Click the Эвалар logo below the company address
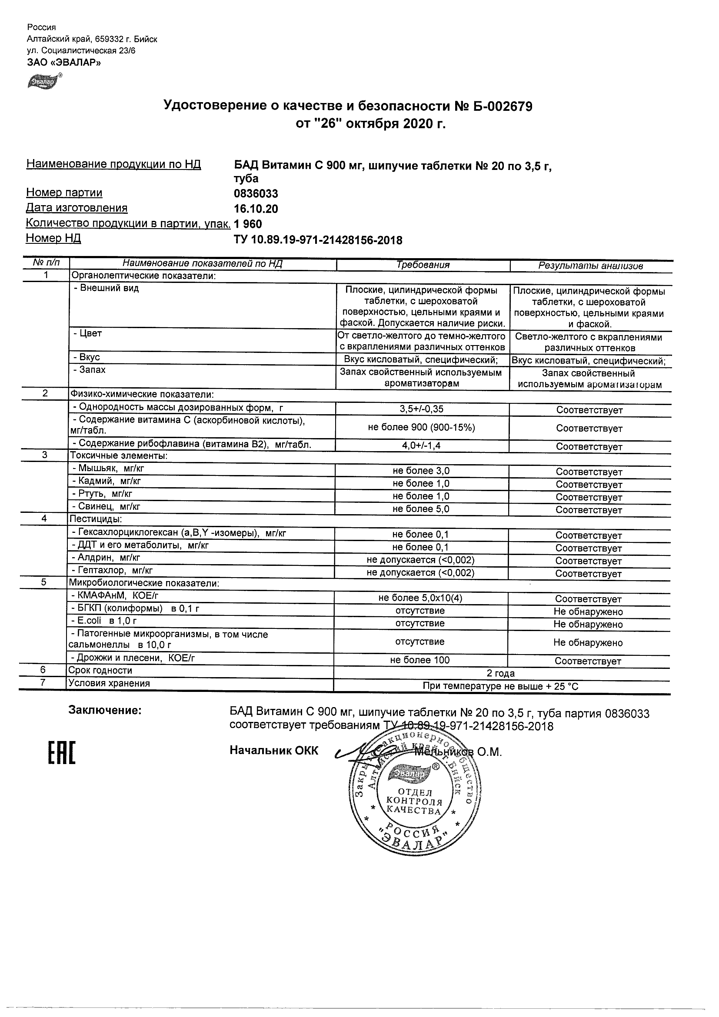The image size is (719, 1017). pyautogui.click(x=43, y=82)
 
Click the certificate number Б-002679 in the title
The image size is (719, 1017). pyautogui.click(x=503, y=106)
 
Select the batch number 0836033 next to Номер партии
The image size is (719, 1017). pyautogui.click(x=256, y=193)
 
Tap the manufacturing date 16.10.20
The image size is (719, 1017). pyautogui.click(x=256, y=209)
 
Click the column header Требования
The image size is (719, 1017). pyautogui.click(x=423, y=265)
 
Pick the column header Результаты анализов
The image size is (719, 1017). pyautogui.click(x=590, y=266)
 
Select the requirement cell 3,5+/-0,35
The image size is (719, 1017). pyautogui.click(x=421, y=409)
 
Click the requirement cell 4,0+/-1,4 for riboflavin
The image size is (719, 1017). pyautogui.click(x=421, y=445)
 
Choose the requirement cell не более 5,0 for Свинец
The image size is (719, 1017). pyautogui.click(x=421, y=509)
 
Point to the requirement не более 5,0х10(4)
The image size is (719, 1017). pyautogui.click(x=420, y=598)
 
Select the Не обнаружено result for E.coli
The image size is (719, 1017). pyautogui.click(x=588, y=625)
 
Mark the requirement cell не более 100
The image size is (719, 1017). pyautogui.click(x=420, y=660)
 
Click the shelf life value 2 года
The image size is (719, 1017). pyautogui.click(x=501, y=673)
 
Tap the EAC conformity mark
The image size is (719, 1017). pyautogui.click(x=61, y=752)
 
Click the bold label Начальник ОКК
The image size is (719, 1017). pyautogui.click(x=274, y=750)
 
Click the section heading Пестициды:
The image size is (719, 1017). pyautogui.click(x=95, y=518)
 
